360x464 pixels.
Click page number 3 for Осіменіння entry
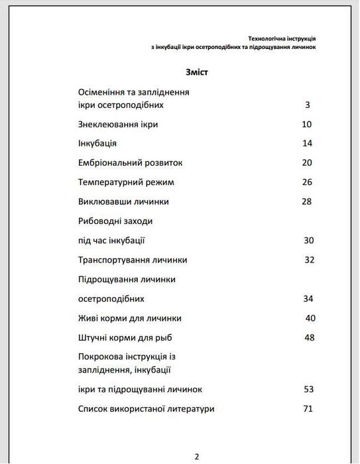[308, 105]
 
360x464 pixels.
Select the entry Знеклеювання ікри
[118, 124]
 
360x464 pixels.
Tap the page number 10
[306, 124]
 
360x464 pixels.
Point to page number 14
[306, 143]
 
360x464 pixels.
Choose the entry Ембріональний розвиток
[130, 162]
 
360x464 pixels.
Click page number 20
[306, 162]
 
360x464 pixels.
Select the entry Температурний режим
[126, 182]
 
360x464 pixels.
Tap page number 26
[306, 182]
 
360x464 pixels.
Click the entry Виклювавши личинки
[123, 202]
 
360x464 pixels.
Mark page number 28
[306, 202]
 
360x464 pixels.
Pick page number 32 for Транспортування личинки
[309, 259]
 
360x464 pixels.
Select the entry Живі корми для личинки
[130, 318]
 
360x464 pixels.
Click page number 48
[309, 337]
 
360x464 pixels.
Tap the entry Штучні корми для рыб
[129, 337]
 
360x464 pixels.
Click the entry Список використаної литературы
[146, 409]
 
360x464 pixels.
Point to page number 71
[308, 409]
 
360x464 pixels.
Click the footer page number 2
[197, 456]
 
